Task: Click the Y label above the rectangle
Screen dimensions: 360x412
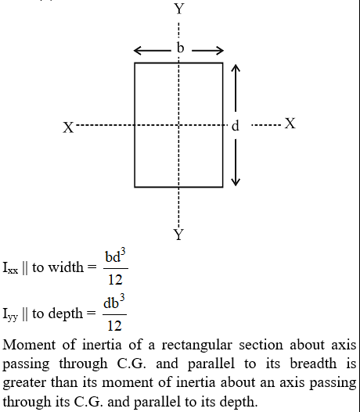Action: point(179,9)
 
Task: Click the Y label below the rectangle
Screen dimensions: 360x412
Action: point(178,235)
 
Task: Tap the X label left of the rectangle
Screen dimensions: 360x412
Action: point(68,127)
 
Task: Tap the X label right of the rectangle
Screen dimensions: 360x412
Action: point(290,124)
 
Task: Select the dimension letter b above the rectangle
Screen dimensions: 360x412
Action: point(180,48)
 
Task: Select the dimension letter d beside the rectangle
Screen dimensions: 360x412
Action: point(236,126)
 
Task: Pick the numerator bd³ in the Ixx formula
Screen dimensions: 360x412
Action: point(115,256)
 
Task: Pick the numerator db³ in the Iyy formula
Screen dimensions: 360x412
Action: point(113,303)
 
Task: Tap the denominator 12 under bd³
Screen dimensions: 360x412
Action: point(115,279)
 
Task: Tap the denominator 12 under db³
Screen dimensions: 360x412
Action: point(114,325)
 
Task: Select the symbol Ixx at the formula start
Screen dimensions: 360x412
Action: point(10,268)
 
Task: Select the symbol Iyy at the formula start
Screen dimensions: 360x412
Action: point(10,314)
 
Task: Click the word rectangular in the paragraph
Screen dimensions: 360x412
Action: point(196,346)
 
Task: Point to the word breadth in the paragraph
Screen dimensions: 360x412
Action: point(313,364)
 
